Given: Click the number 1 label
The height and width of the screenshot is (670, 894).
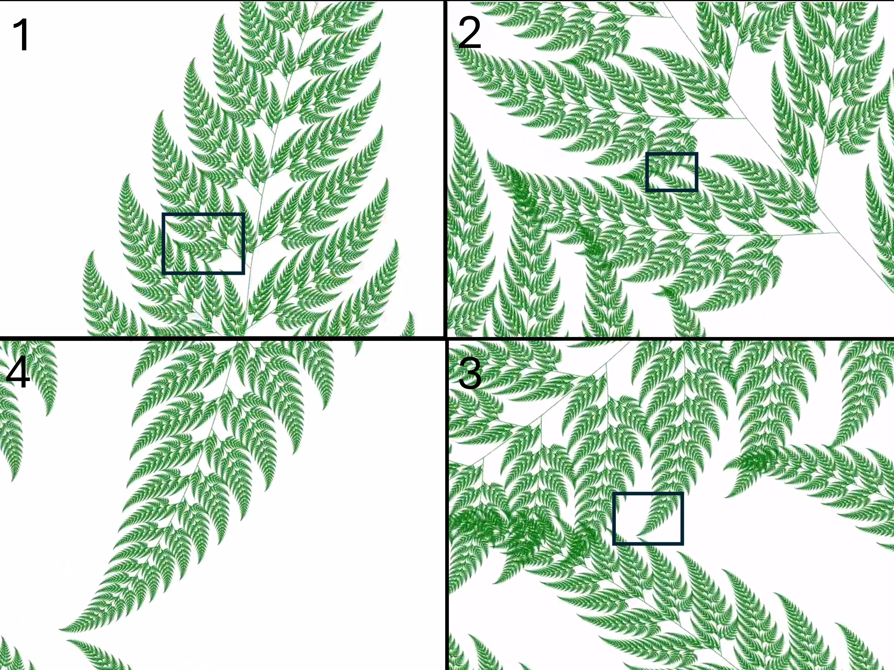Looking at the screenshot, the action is (x=21, y=35).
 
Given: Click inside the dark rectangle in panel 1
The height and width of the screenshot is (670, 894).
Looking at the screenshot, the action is (x=203, y=244).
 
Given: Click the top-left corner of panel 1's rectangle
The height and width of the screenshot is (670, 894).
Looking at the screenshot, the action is (x=163, y=214).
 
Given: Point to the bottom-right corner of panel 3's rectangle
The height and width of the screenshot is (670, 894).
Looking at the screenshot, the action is (x=683, y=544).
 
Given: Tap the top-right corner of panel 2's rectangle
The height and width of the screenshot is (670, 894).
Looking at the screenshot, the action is (x=697, y=153).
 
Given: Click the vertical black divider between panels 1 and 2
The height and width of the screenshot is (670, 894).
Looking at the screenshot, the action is (x=446, y=169).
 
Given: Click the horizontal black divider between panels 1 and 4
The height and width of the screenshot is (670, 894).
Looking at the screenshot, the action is (x=222, y=337).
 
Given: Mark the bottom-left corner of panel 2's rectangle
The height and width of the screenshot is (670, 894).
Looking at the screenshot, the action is (x=646, y=191).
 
